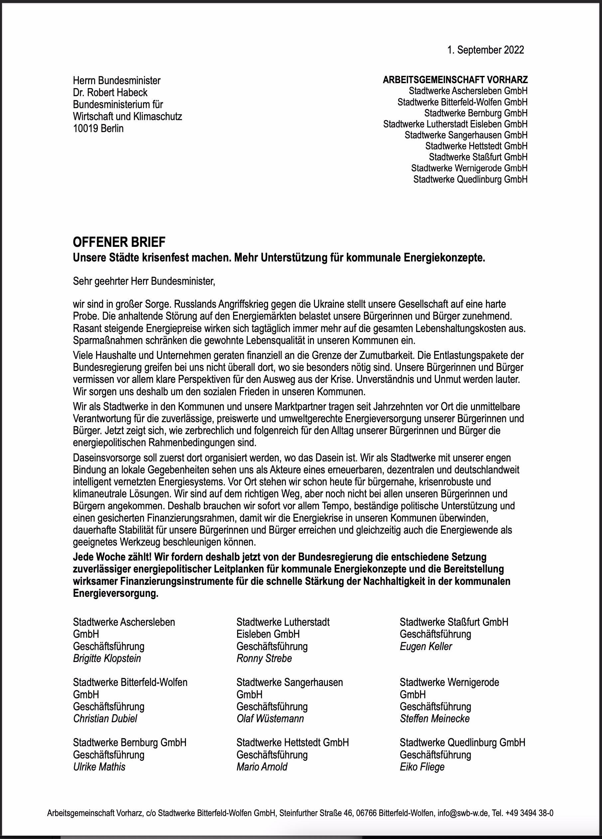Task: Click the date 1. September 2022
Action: [485, 50]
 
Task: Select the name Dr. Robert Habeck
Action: [110, 92]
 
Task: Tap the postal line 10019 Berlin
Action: [98, 129]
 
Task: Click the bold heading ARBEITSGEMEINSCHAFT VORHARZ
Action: [455, 80]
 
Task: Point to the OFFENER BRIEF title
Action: [119, 242]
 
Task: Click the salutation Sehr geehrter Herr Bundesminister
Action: [144, 281]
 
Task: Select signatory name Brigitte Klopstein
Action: [107, 658]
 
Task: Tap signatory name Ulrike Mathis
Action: [99, 766]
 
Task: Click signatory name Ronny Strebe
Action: [264, 658]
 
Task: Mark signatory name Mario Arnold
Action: [262, 766]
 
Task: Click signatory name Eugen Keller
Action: [426, 646]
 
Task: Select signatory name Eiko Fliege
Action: [422, 766]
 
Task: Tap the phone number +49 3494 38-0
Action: [530, 813]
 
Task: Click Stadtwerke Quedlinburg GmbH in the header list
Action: [470, 179]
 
